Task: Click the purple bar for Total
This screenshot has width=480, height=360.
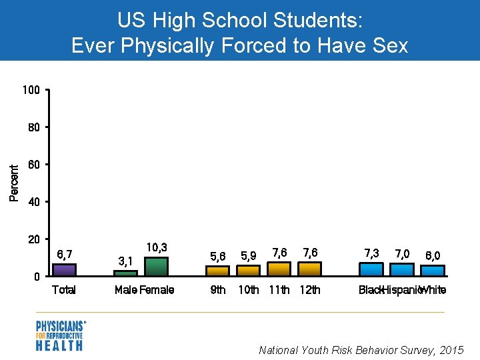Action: [64, 270]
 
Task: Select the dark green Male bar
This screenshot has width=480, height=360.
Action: [125, 273]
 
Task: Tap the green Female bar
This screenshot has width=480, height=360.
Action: [156, 267]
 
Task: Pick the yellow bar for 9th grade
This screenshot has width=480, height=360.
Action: [217, 271]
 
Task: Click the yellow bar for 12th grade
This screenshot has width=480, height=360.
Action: [310, 269]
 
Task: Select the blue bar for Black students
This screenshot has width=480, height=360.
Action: [371, 269]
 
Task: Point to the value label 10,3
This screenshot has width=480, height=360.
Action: [156, 247]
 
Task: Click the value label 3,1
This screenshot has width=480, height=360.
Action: [125, 260]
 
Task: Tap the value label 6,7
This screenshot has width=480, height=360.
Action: [65, 254]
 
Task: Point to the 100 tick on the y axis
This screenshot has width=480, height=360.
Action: [33, 90]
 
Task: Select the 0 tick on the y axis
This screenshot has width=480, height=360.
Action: [38, 277]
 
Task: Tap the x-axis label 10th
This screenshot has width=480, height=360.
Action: [249, 290]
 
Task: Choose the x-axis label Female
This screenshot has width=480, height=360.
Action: [157, 290]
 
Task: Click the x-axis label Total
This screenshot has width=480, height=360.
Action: [64, 290]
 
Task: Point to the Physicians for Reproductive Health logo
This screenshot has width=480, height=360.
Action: [61, 335]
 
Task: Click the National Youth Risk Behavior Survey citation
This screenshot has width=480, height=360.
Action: [361, 349]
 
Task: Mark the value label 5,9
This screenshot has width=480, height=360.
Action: [249, 255]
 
